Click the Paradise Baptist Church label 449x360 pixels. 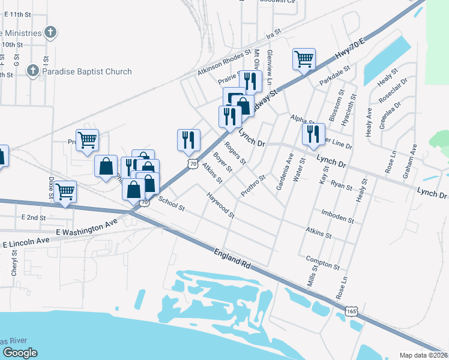point(87,72)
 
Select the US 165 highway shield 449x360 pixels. point(352,310)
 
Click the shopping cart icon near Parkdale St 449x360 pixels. point(304,59)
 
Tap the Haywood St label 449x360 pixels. point(220,204)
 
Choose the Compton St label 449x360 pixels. point(323,263)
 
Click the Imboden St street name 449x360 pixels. point(337,216)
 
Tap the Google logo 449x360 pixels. point(20,353)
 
